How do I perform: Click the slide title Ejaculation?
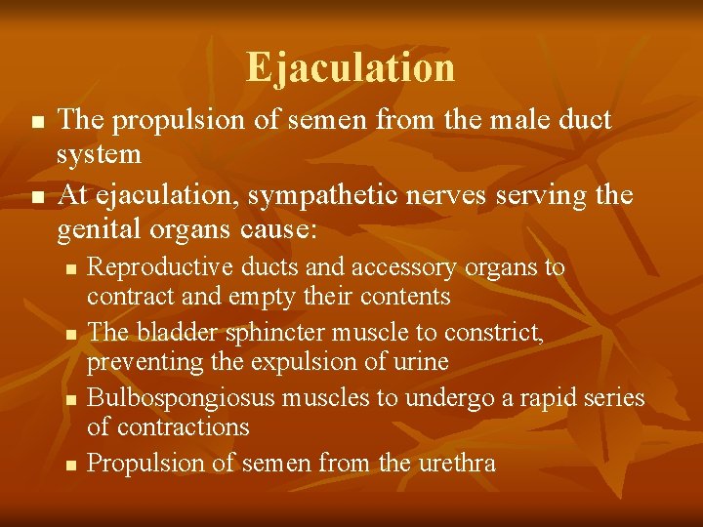[351, 68]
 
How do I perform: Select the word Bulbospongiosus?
[166, 398]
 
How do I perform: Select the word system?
[99, 154]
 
